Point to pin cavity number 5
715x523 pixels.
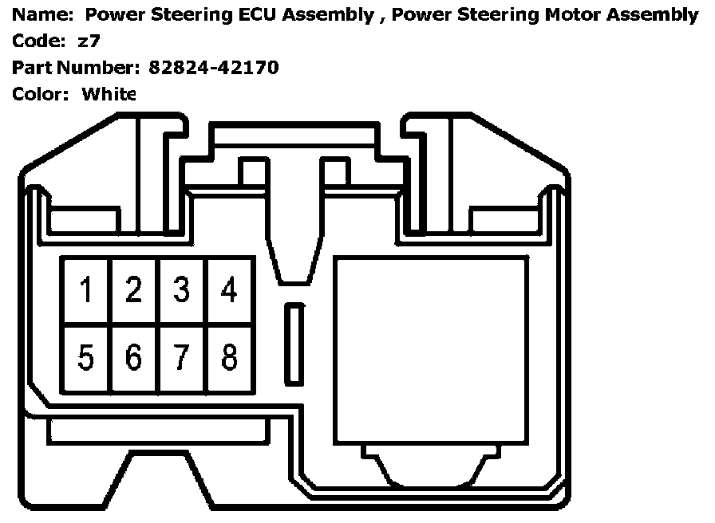tap(86, 358)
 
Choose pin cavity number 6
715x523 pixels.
tap(134, 358)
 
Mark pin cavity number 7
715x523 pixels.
tap(182, 358)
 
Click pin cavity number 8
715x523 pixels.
tap(230, 358)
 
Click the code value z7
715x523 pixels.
tap(89, 41)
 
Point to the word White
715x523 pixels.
tap(109, 94)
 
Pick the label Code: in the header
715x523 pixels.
tap(38, 41)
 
